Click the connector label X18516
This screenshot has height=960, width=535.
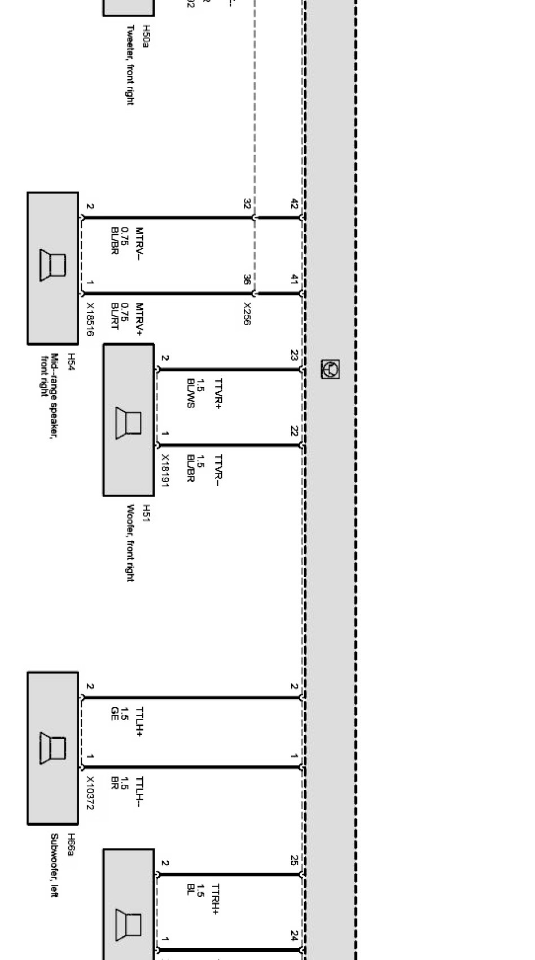click(90, 319)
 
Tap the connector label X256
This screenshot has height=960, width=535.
click(247, 314)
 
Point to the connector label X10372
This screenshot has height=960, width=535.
click(90, 792)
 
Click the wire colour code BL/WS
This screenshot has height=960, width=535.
click(190, 393)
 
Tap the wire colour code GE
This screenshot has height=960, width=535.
click(115, 714)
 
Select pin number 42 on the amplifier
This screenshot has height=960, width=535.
click(294, 204)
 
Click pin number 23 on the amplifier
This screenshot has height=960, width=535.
click(294, 355)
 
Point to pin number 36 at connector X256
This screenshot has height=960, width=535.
click(247, 279)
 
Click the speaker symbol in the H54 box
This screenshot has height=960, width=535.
click(52, 265)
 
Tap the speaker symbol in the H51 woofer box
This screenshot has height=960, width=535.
click(128, 422)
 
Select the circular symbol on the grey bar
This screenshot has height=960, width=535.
click(330, 369)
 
